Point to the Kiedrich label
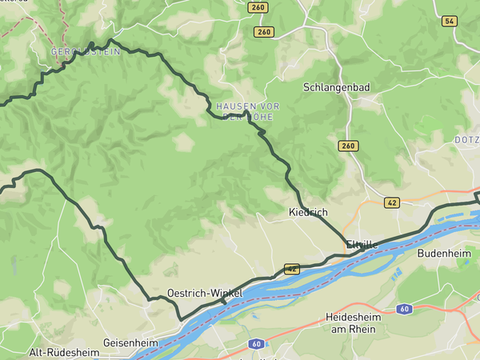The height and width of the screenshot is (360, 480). (308, 212)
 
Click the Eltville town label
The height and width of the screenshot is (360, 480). (362, 244)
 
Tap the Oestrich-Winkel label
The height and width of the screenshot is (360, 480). (205, 294)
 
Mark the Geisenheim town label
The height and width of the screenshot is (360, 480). (130, 342)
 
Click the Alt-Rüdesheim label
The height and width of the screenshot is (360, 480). (64, 352)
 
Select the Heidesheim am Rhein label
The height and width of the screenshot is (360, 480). (353, 323)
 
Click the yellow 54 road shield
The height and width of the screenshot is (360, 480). (449, 21)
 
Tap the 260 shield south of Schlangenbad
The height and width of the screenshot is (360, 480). (347, 146)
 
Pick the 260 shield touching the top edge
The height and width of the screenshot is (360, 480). (258, 7)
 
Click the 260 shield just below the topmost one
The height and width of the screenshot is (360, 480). (264, 32)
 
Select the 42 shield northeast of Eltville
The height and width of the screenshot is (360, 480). (391, 202)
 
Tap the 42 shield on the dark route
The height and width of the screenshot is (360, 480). (291, 270)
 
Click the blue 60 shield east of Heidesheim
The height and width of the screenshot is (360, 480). (406, 308)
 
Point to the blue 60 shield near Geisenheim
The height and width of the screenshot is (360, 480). (256, 344)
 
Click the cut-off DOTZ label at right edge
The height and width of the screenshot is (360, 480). (466, 139)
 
